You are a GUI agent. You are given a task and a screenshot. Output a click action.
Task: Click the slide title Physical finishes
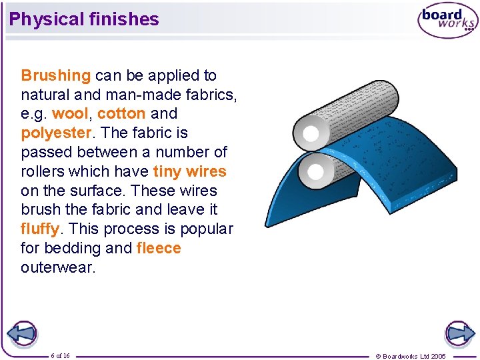tap(84, 19)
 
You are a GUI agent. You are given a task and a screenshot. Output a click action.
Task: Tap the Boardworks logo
tap(447, 21)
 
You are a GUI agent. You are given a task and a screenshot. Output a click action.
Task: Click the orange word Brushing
tap(55, 75)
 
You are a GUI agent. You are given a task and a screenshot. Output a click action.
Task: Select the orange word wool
tap(69, 114)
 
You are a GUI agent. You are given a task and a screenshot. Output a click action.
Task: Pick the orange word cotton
tap(121, 114)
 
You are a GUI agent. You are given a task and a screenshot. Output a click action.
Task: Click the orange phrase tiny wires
tap(189, 171)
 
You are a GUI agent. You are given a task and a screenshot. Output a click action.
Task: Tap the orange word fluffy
tap(40, 229)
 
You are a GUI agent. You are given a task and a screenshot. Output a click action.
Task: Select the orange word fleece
tap(159, 249)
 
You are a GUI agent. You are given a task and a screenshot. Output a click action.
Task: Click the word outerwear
tap(58, 268)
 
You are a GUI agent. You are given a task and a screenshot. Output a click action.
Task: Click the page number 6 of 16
tap(60, 355)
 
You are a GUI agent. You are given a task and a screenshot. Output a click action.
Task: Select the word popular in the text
tap(205, 229)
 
